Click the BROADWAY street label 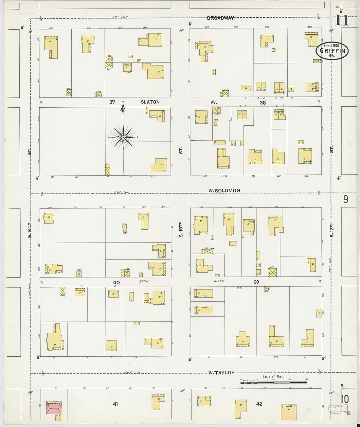tap(220, 18)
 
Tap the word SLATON tap(150, 102)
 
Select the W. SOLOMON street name tap(225, 190)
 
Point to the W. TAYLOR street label tap(222, 372)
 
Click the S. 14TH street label tap(29, 230)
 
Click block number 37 tap(112, 102)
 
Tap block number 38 tap(262, 102)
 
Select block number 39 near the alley tap(256, 282)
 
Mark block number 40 tap(116, 282)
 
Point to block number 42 tap(259, 404)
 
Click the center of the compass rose tap(123, 137)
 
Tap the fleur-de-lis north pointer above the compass tap(123, 109)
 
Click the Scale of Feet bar tap(273, 382)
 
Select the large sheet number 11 tap(342, 20)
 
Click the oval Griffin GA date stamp tap(332, 51)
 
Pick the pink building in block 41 tap(54, 408)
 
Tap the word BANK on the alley tap(144, 281)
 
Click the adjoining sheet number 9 tap(346, 199)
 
